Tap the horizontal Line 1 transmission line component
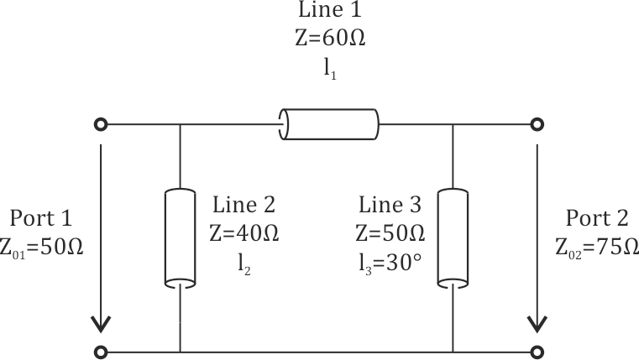pyautogui.click(x=330, y=124)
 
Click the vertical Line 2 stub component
pyautogui.click(x=179, y=237)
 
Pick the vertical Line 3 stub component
pyautogui.click(x=453, y=237)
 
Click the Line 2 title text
pyautogui.click(x=244, y=205)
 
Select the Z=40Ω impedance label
pyautogui.click(x=244, y=232)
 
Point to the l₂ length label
pyautogui.click(x=244, y=263)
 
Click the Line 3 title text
pyautogui.click(x=391, y=205)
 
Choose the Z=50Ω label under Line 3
pyautogui.click(x=391, y=232)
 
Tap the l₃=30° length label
pyautogui.click(x=391, y=263)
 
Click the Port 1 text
pyautogui.click(x=41, y=219)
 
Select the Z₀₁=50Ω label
pyautogui.click(x=41, y=248)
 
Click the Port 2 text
pyautogui.click(x=596, y=219)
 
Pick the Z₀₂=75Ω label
pyautogui.click(x=596, y=248)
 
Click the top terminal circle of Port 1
pyautogui.click(x=101, y=124)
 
